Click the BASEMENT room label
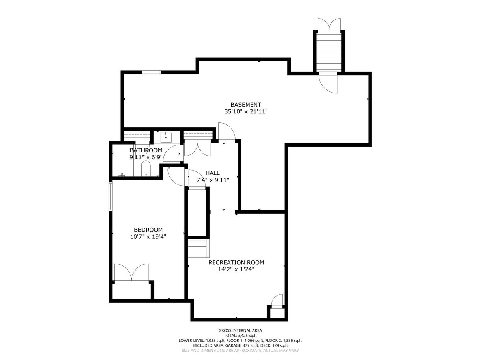(x=246, y=105)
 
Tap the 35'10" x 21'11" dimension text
(x=246, y=112)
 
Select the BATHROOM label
(x=146, y=150)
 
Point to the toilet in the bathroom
(x=146, y=168)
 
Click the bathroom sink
(x=166, y=137)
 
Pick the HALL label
(x=213, y=173)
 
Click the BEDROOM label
(x=149, y=230)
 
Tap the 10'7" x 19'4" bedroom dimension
(x=149, y=237)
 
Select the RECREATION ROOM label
(x=236, y=262)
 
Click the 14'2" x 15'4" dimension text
(x=236, y=269)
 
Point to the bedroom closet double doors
(x=132, y=273)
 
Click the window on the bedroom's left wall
(x=111, y=197)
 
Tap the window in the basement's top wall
(x=151, y=72)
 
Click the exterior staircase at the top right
(x=329, y=53)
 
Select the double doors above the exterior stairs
(x=329, y=24)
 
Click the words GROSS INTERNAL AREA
(x=240, y=330)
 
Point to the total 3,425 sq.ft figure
(x=240, y=336)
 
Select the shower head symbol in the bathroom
(x=122, y=174)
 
